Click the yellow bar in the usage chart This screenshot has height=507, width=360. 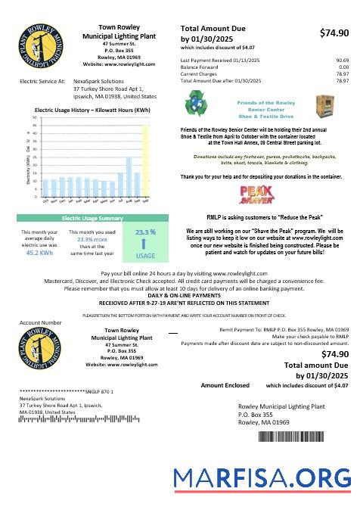[145, 159]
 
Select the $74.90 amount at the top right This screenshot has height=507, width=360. [334, 33]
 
